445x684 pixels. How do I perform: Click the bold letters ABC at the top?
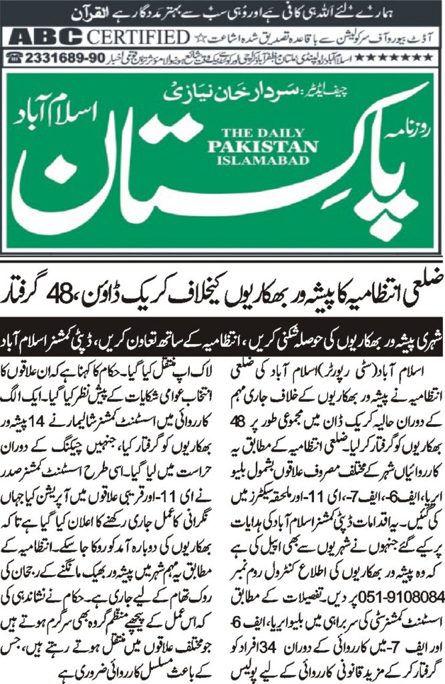click(42, 35)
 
